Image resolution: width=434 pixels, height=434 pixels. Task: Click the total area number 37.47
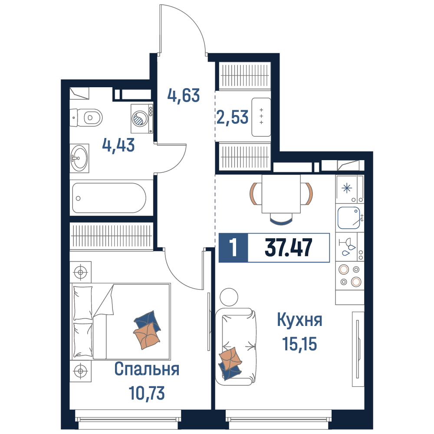(x=289, y=248)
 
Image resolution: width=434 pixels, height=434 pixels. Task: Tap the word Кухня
(x=299, y=321)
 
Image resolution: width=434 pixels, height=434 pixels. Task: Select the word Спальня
(x=147, y=369)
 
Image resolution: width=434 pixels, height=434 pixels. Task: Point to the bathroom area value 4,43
(x=118, y=145)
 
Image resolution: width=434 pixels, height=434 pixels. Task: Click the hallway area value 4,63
(x=184, y=95)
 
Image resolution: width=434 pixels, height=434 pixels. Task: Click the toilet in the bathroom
(x=89, y=116)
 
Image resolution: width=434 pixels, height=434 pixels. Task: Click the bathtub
(x=109, y=198)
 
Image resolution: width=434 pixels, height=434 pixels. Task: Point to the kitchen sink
(x=349, y=218)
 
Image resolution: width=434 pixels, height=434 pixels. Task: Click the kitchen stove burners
(x=349, y=275)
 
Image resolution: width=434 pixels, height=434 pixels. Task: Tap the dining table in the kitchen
(x=281, y=194)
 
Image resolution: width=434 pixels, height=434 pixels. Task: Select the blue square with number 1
(x=233, y=248)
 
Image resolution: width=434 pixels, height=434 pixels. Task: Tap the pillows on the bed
(x=82, y=322)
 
